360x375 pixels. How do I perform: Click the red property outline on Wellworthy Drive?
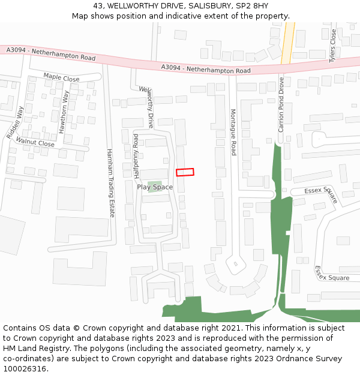coord(185,172)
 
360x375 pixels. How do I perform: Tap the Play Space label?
coord(155,187)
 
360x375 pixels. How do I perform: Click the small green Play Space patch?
coord(155,182)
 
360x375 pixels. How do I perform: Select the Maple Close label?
coord(61,78)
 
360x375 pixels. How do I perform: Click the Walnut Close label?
coord(35,142)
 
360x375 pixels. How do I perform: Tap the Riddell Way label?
coord(15,123)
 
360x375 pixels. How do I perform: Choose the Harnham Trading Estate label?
coord(110,183)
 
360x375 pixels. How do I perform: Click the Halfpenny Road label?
coord(136,157)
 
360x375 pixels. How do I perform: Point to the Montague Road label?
coord(233,132)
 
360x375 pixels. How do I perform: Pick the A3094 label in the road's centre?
coord(206,69)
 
